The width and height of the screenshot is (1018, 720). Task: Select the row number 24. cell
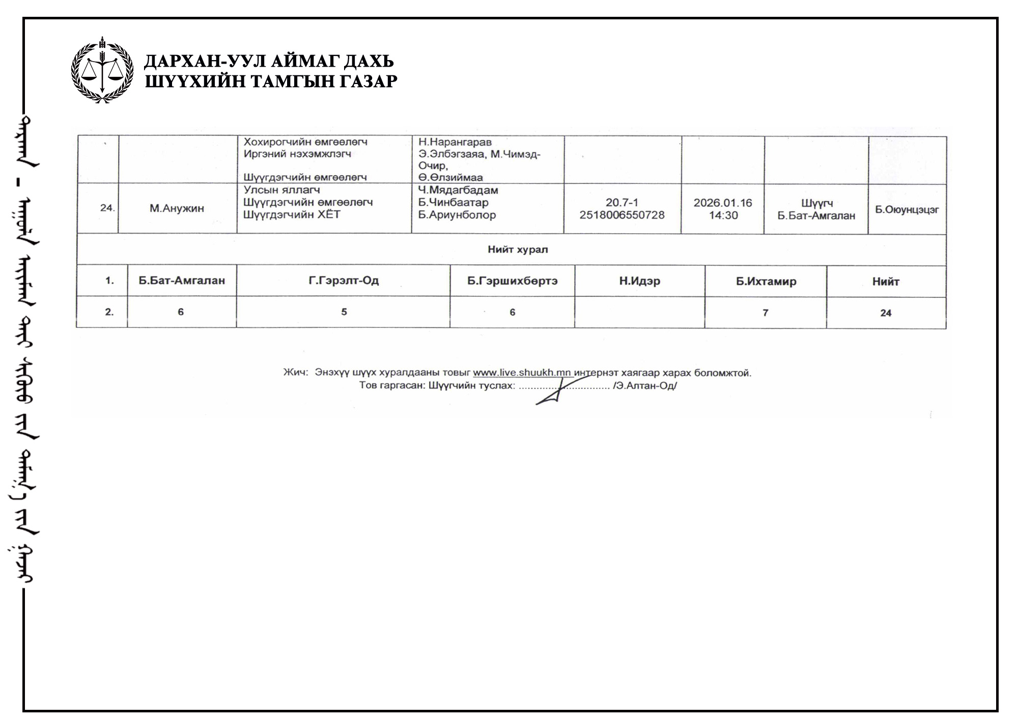107,208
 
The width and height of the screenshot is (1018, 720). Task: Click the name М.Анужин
177,208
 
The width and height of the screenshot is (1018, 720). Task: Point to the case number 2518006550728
621,215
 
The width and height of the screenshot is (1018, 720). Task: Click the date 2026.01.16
722,203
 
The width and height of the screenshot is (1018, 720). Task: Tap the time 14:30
723,215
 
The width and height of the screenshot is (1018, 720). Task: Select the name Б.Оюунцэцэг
907,210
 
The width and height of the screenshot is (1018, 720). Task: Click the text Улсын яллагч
281,190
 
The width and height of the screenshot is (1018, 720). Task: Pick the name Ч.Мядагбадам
458,190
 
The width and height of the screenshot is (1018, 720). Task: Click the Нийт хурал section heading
518,250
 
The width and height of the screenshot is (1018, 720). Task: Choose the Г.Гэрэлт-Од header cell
344,281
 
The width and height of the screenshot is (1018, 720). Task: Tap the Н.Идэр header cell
639,281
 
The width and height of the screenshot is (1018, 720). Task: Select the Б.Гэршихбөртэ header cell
512,281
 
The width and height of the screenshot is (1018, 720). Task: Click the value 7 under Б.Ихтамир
765,313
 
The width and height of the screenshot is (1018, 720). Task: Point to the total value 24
886,313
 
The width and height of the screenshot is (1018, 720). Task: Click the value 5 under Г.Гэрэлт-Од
344,312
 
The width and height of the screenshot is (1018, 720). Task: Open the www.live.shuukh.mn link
522,373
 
